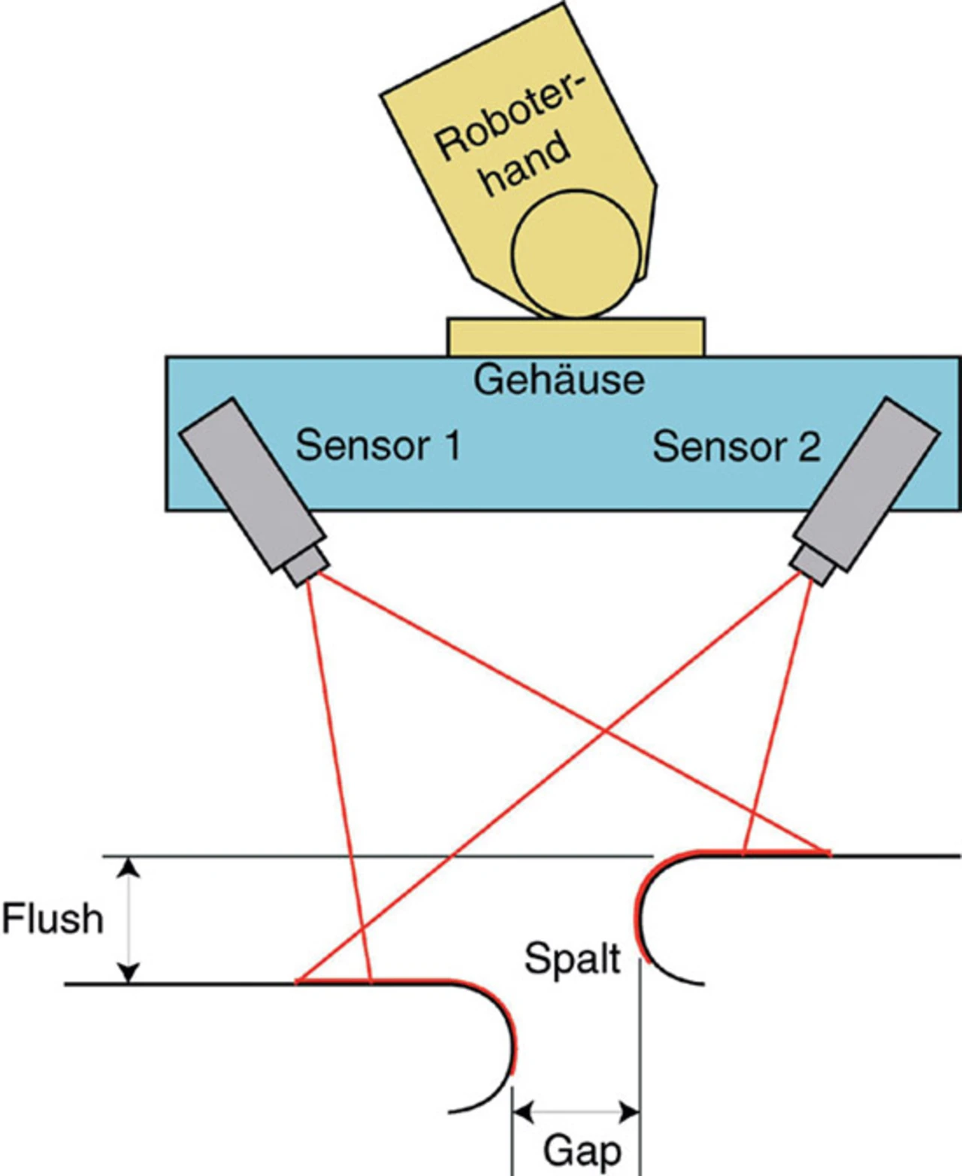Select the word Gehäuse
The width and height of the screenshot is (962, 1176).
coord(558,379)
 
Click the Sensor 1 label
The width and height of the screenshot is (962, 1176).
coord(377,445)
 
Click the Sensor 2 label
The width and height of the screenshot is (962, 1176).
coord(736,446)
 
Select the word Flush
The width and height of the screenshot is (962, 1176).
coord(53,919)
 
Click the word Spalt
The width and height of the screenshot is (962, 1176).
coord(573,959)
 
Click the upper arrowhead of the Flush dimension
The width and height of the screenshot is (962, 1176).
coord(130,867)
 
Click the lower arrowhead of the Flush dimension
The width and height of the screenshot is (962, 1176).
coord(130,972)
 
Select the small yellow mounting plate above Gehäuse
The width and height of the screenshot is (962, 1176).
coord(576,337)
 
